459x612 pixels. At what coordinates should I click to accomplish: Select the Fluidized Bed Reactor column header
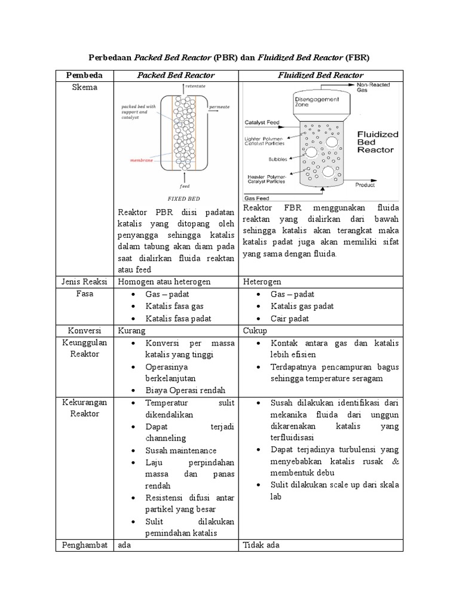(x=320, y=75)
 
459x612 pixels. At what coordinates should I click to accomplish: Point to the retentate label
(x=195, y=87)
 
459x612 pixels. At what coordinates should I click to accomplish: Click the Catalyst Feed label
(x=263, y=123)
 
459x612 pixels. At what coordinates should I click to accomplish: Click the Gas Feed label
(x=257, y=198)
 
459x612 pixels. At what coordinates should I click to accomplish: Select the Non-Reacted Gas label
(x=374, y=87)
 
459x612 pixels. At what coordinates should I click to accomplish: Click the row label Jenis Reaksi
(x=84, y=281)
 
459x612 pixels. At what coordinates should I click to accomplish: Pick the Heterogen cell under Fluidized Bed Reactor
(x=262, y=281)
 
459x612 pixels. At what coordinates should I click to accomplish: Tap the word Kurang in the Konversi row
(x=131, y=331)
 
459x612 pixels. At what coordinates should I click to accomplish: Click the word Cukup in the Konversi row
(x=256, y=331)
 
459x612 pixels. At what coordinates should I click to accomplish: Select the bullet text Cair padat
(x=290, y=319)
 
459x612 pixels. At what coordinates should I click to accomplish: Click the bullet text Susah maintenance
(x=180, y=451)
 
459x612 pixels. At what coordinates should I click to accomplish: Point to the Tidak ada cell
(x=261, y=545)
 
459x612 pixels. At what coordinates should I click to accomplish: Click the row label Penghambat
(x=84, y=545)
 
